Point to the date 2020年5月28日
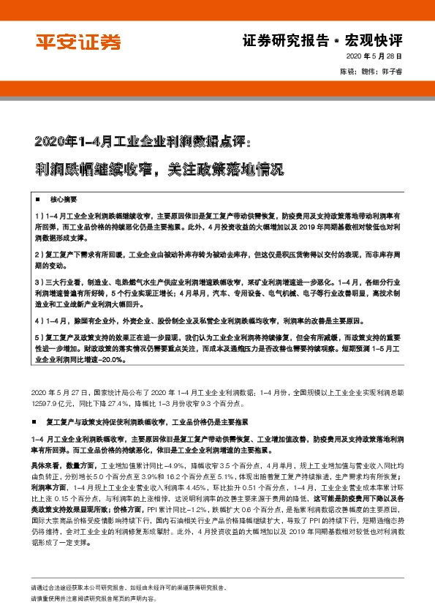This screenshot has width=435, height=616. point(373,56)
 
